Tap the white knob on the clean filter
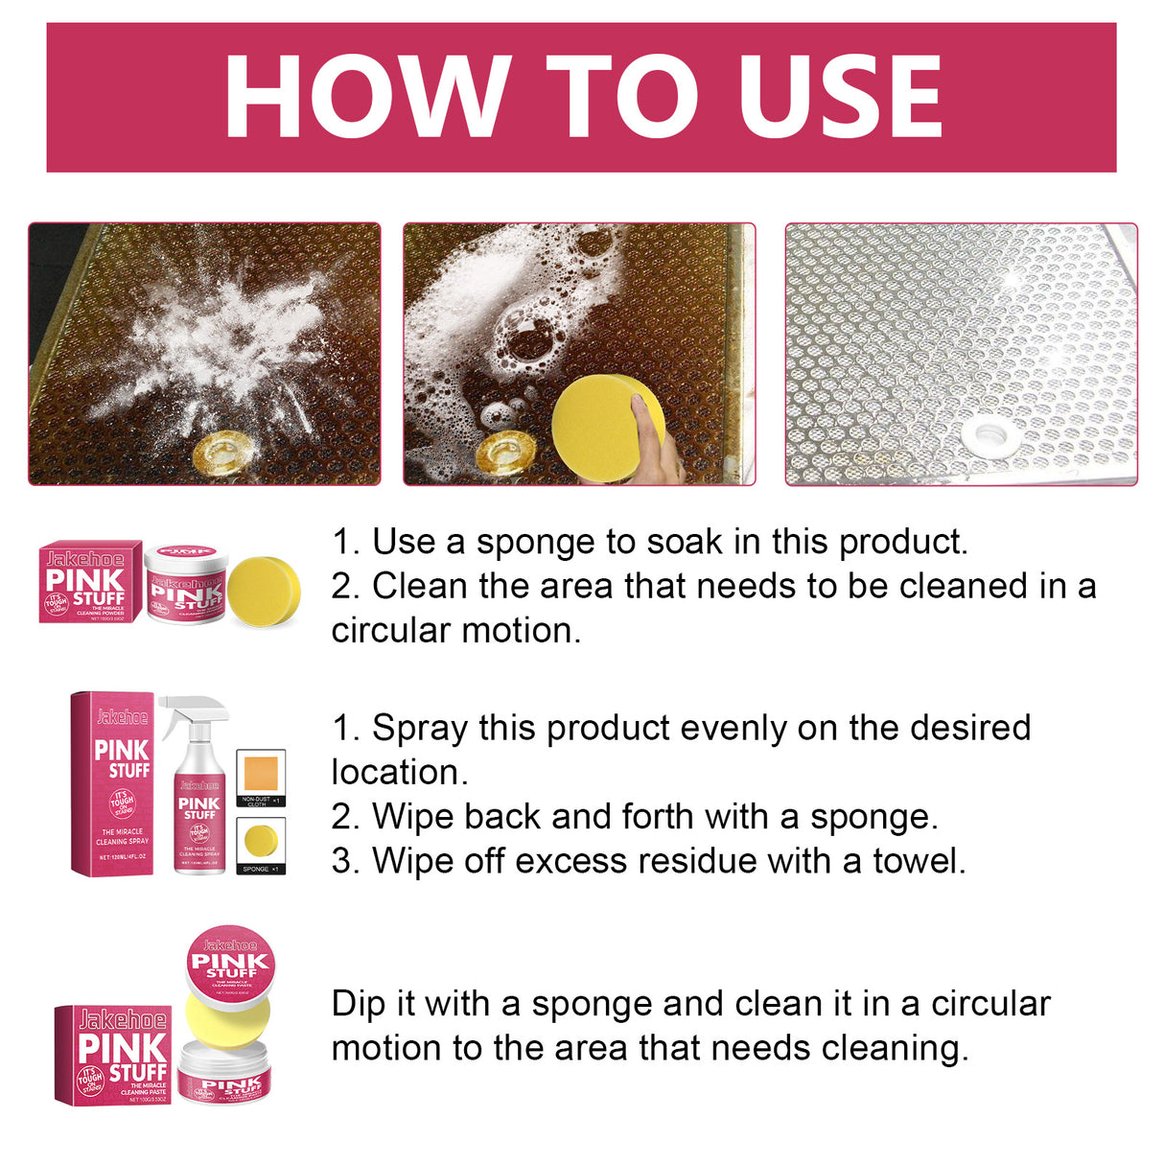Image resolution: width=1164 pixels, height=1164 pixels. click(x=989, y=434)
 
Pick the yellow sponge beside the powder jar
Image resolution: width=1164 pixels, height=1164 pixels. click(x=264, y=588)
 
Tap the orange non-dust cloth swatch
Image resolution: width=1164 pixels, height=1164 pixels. click(x=261, y=773)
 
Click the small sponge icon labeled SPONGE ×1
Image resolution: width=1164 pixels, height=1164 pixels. click(x=261, y=841)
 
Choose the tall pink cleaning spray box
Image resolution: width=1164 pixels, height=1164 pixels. click(x=112, y=784)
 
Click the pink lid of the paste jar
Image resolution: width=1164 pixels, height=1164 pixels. click(x=229, y=961)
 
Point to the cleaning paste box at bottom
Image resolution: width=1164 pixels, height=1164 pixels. click(x=111, y=1054)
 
